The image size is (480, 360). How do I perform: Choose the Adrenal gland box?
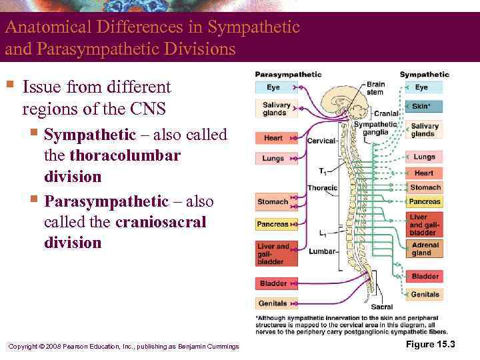point(424,249)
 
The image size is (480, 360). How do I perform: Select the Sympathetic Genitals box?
point(425,294)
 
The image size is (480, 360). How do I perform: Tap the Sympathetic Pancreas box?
point(425,201)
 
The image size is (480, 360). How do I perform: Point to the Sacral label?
point(381,307)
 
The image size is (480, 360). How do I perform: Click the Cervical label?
point(321,141)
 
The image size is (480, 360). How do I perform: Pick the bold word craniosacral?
point(161,221)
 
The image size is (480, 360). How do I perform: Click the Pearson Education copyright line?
point(123,345)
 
